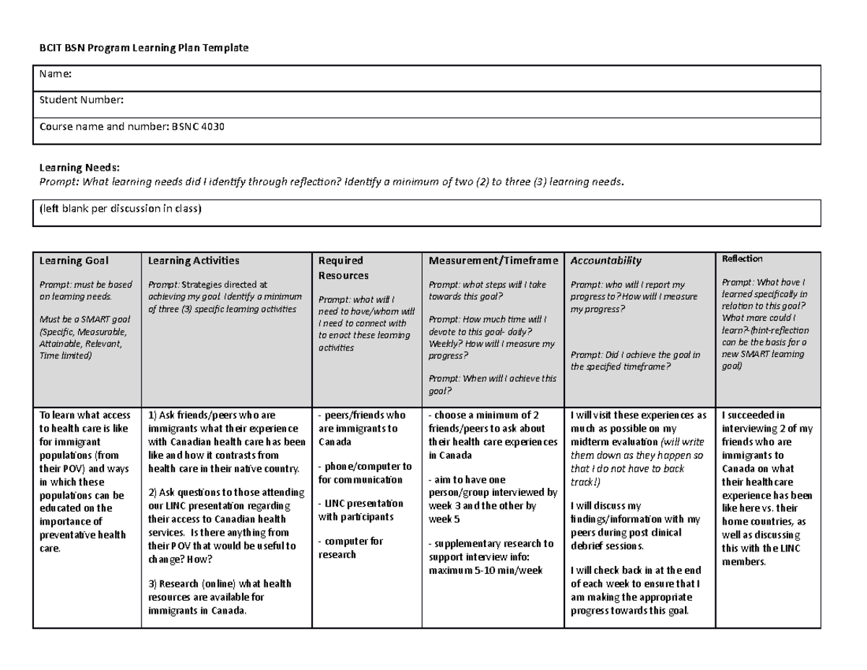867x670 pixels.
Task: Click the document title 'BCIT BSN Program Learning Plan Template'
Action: tap(143, 48)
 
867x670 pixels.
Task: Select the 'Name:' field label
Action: tap(55, 74)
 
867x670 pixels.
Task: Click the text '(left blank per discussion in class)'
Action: tap(120, 210)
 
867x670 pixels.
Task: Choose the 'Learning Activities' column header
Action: tap(193, 260)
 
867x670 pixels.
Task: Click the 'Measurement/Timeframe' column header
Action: tap(493, 260)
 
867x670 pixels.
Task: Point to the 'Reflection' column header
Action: tap(742, 258)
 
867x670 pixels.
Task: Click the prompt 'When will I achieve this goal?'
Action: tap(492, 385)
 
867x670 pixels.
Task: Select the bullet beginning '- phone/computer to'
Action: tap(365, 473)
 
